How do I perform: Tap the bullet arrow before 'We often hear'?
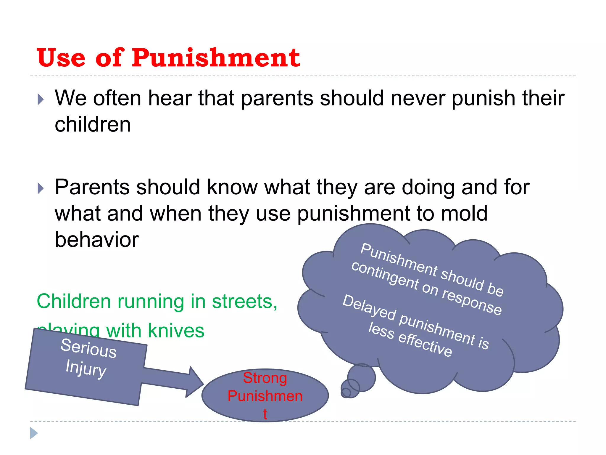(41, 99)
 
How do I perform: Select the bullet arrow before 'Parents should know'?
(41, 188)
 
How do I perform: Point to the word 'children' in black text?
(93, 124)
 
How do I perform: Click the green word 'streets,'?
(245, 302)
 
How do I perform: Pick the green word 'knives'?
(176, 331)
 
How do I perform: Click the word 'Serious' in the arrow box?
(88, 348)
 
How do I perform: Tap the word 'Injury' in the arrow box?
(86, 369)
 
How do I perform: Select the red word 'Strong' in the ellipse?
(265, 378)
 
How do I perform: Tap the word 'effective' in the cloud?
(425, 345)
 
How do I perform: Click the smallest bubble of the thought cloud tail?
(346, 393)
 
